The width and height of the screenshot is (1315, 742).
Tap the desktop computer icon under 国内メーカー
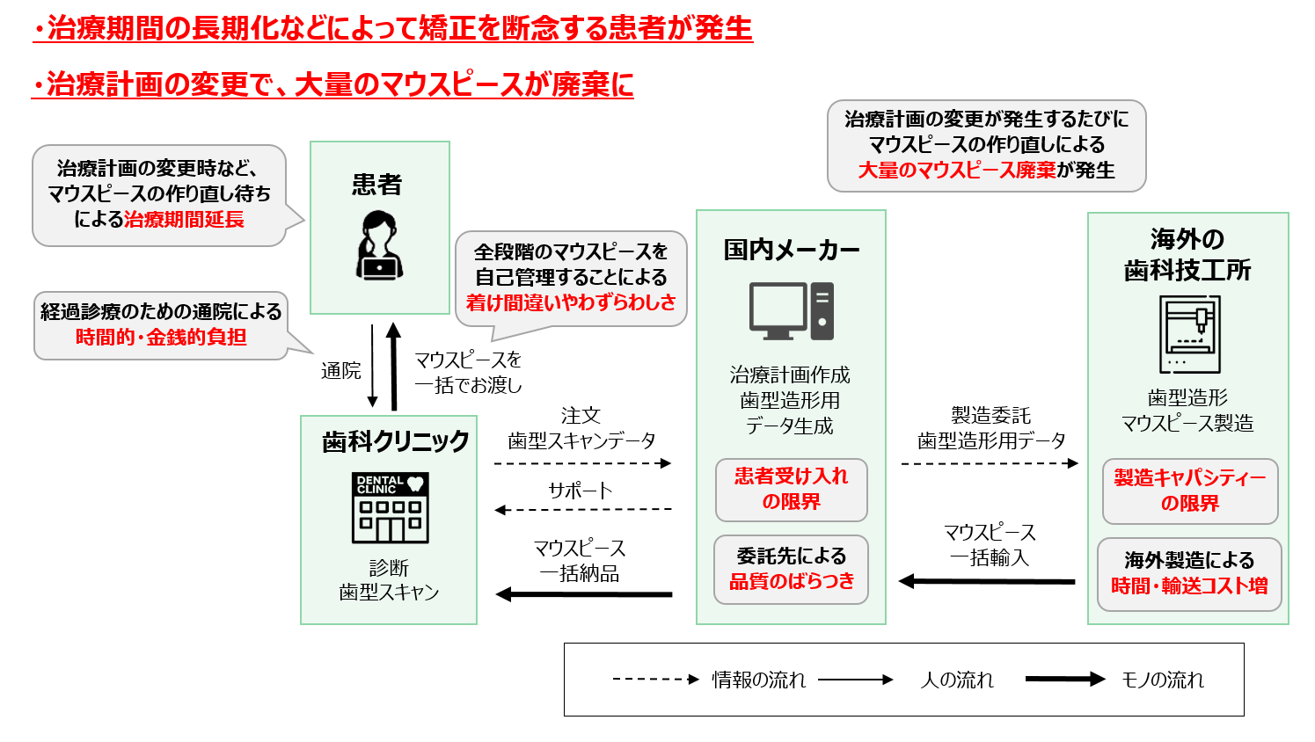pyautogui.click(x=791, y=310)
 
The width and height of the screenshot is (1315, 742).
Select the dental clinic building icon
pyautogui.click(x=391, y=507)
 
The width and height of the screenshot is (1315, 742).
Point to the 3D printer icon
pyautogui.click(x=1189, y=335)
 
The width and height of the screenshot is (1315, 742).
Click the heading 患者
pyautogui.click(x=377, y=185)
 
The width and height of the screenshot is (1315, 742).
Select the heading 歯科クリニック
pyautogui.click(x=396, y=440)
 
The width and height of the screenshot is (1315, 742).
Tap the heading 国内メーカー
pyautogui.click(x=792, y=250)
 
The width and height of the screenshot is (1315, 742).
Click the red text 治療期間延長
pyautogui.click(x=184, y=219)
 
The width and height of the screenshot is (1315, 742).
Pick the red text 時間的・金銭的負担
pyautogui.click(x=161, y=337)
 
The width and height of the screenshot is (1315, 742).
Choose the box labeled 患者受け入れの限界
pyautogui.click(x=791, y=489)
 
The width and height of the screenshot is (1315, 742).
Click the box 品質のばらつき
pyautogui.click(x=791, y=569)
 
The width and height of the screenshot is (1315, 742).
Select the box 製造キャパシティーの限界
pyautogui.click(x=1189, y=491)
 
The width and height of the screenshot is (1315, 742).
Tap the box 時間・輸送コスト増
pyautogui.click(x=1189, y=573)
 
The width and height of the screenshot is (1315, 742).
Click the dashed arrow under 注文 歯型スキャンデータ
pyautogui.click(x=582, y=462)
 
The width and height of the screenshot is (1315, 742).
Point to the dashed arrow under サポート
pyautogui.click(x=582, y=509)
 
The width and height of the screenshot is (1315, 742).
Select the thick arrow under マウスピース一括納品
pyautogui.click(x=584, y=595)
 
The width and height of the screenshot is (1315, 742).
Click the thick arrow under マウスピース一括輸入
pyautogui.click(x=987, y=581)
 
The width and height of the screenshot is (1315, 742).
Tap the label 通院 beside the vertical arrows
pyautogui.click(x=341, y=370)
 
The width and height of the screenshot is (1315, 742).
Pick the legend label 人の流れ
pyautogui.click(x=957, y=680)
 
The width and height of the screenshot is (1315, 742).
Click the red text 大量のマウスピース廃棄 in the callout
pyautogui.click(x=957, y=170)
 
